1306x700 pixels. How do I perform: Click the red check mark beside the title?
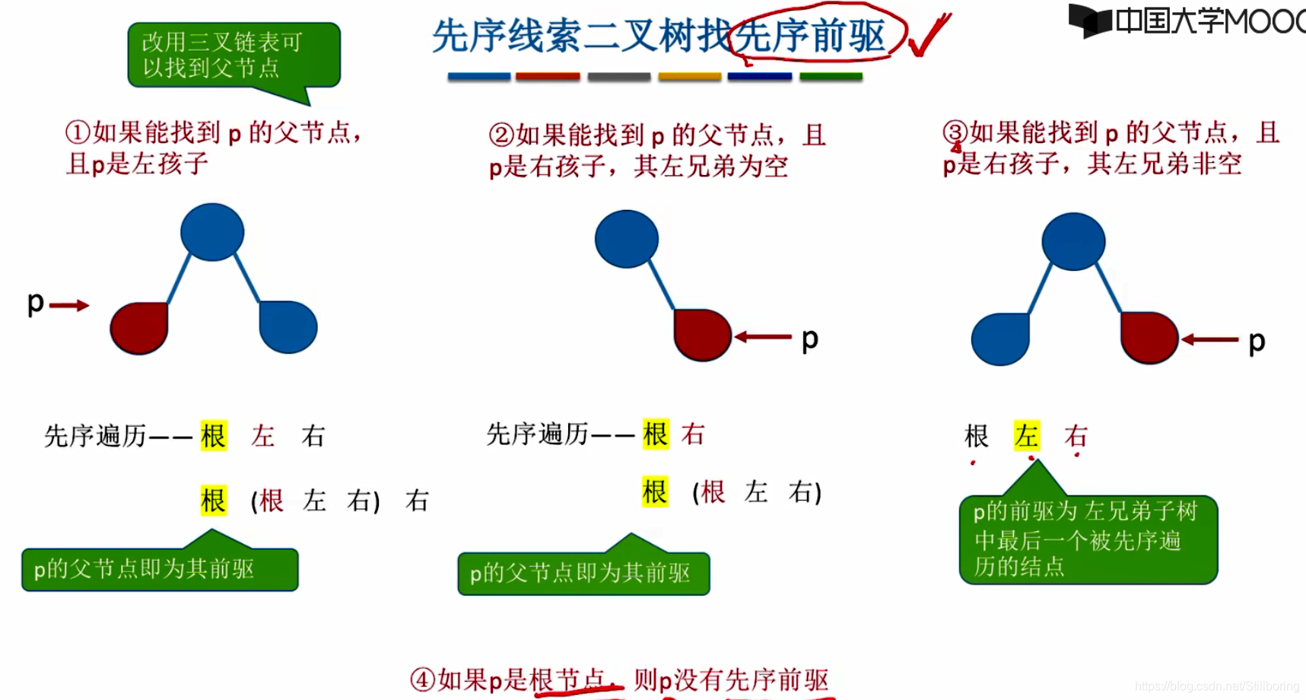point(929,34)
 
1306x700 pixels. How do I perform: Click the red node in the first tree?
point(139,328)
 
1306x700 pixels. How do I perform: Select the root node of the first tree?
point(212,232)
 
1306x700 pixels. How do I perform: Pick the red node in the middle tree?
point(702,335)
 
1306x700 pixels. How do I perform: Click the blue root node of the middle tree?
point(627,239)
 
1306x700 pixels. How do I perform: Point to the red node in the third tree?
point(1149,337)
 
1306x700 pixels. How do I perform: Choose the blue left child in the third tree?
point(1000,339)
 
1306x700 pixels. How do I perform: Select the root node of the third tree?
point(1073,242)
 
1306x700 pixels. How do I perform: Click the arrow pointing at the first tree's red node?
point(69,305)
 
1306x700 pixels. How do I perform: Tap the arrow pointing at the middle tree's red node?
point(763,336)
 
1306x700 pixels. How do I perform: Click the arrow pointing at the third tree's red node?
point(1209,339)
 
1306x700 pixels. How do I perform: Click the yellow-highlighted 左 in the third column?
point(1027,436)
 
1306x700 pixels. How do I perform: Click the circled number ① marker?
point(78,132)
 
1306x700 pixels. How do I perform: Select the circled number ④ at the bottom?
point(422,679)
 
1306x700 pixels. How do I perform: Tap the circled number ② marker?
point(500,135)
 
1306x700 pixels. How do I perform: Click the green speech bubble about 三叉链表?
point(234,56)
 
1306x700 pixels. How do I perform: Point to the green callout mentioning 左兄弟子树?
point(1088,539)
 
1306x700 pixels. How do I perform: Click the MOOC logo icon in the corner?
point(1090,21)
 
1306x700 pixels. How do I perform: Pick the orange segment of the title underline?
point(689,77)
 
